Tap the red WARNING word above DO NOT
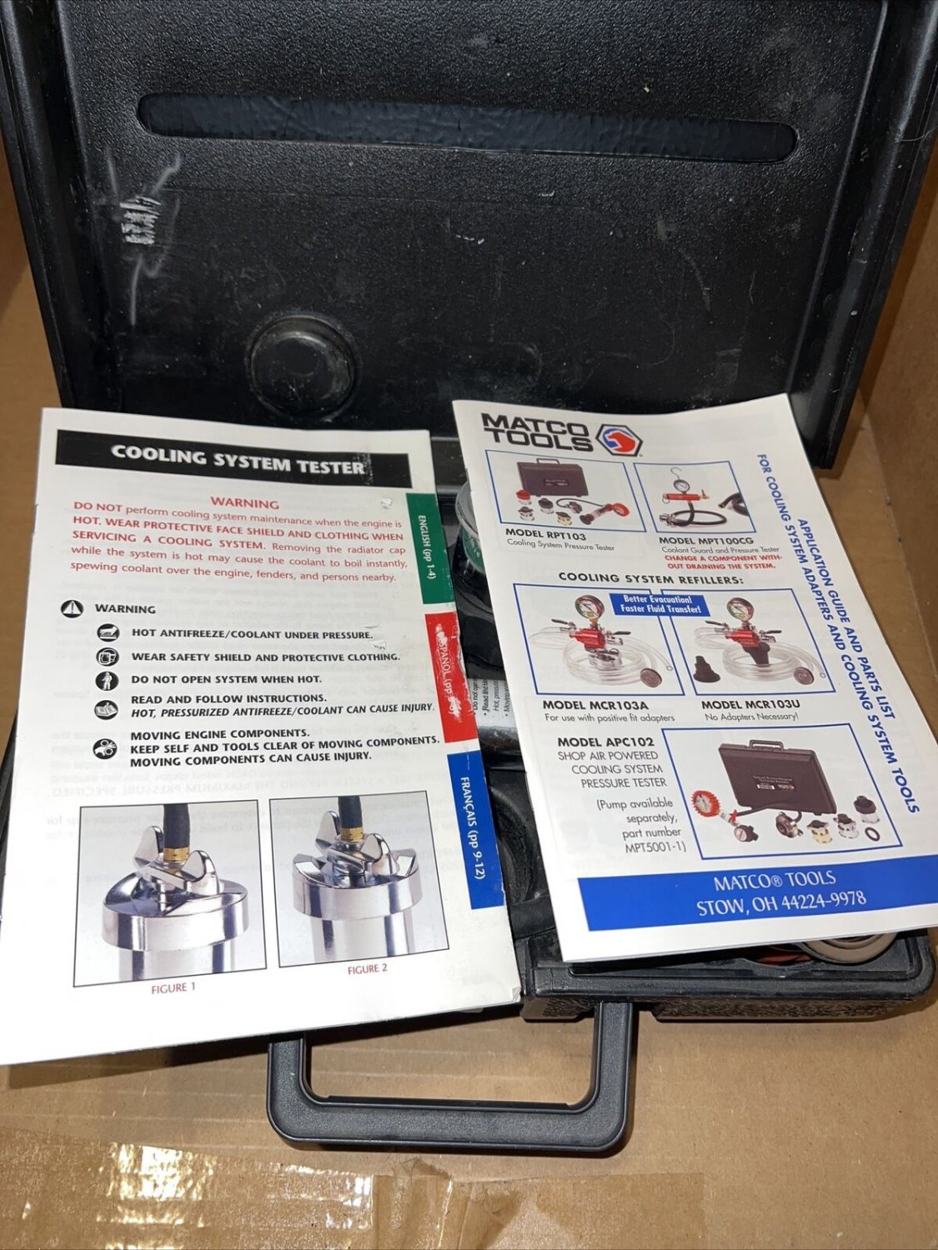point(244,503)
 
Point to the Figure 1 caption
point(173,988)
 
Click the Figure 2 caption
point(367,968)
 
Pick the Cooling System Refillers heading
point(650,578)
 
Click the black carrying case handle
point(450,1117)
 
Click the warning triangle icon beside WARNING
point(73,608)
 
